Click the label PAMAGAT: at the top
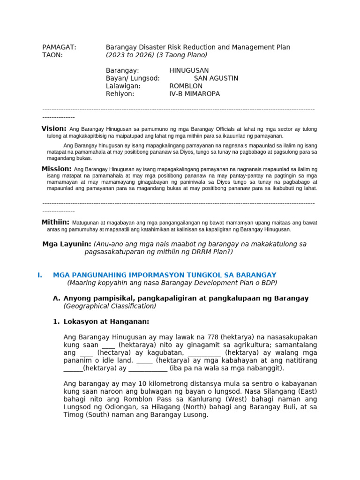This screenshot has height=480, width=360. (x=59, y=47)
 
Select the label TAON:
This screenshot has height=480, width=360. (x=52, y=55)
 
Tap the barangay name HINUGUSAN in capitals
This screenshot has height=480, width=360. (x=189, y=70)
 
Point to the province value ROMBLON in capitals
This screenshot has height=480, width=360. (x=186, y=86)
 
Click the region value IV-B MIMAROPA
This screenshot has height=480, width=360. (x=194, y=94)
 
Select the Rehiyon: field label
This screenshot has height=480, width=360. (x=120, y=94)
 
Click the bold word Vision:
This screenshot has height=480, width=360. (x=54, y=128)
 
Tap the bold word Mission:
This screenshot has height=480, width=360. (x=56, y=168)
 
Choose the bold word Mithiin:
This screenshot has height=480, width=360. (x=55, y=222)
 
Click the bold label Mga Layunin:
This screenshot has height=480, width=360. (x=67, y=244)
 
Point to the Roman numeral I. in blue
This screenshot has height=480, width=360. (x=40, y=275)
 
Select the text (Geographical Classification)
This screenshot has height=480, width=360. (x=110, y=306)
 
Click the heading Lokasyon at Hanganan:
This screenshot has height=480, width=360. (x=106, y=322)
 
